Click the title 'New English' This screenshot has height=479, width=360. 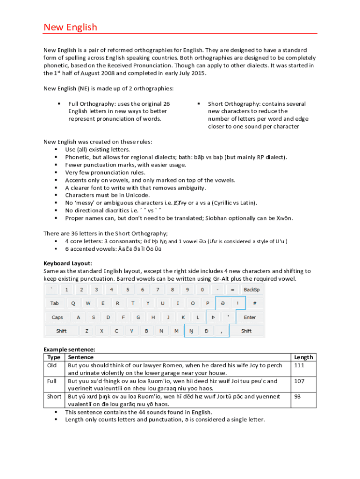(70, 27)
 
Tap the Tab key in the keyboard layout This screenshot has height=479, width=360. (55, 303)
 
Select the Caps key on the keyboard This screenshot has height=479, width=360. (57, 317)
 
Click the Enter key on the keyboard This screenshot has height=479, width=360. (250, 317)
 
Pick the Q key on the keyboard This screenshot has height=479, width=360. (73, 303)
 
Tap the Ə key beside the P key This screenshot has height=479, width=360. (223, 303)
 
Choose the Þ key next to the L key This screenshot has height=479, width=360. (213, 317)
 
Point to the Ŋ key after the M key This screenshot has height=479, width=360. (191, 331)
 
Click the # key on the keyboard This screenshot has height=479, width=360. (254, 303)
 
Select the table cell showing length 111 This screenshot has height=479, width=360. (300, 365)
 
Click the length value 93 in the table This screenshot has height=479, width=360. (298, 396)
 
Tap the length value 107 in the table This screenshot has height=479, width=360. (300, 381)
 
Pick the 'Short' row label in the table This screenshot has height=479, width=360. (54, 396)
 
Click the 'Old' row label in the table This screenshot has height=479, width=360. (52, 365)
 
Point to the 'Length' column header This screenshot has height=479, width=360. (303, 357)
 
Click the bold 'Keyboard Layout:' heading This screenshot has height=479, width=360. (68, 263)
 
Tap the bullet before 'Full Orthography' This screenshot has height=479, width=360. (58, 104)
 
